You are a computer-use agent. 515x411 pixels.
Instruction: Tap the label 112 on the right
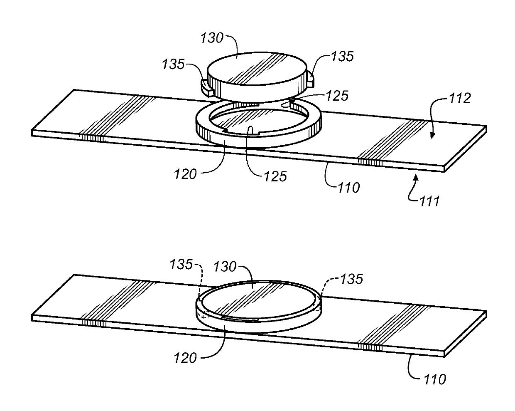460,99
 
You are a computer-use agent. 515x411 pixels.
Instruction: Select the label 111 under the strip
428,202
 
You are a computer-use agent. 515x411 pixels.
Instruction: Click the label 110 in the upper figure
348,188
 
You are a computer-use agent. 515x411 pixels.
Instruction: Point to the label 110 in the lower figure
435,379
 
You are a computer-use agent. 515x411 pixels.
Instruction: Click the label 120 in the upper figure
185,173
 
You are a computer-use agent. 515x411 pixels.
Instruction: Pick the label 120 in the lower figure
185,357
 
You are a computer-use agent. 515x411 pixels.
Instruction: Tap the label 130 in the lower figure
225,266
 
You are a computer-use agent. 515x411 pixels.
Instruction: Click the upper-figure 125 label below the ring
275,176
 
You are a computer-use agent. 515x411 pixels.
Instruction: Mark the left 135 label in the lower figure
181,264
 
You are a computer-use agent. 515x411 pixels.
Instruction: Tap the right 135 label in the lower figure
351,279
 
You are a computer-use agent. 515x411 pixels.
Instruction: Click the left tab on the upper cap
206,86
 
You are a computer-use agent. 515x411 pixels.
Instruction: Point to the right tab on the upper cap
310,78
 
